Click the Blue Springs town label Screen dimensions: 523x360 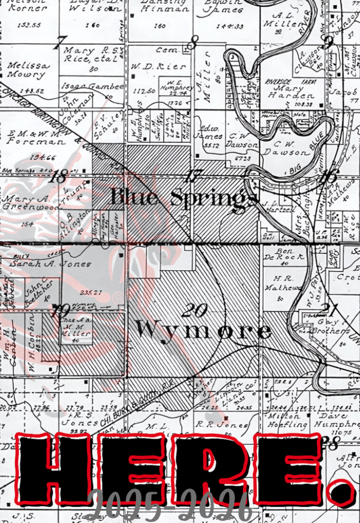[184, 198]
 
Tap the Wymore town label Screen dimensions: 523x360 [204, 330]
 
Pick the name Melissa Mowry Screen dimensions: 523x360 [27, 70]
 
